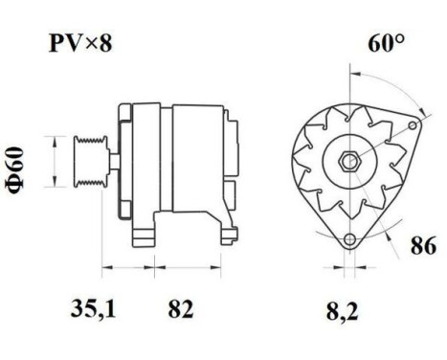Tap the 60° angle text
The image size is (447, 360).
pyautogui.click(x=386, y=44)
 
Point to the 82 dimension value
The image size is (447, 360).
pyautogui.click(x=180, y=308)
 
